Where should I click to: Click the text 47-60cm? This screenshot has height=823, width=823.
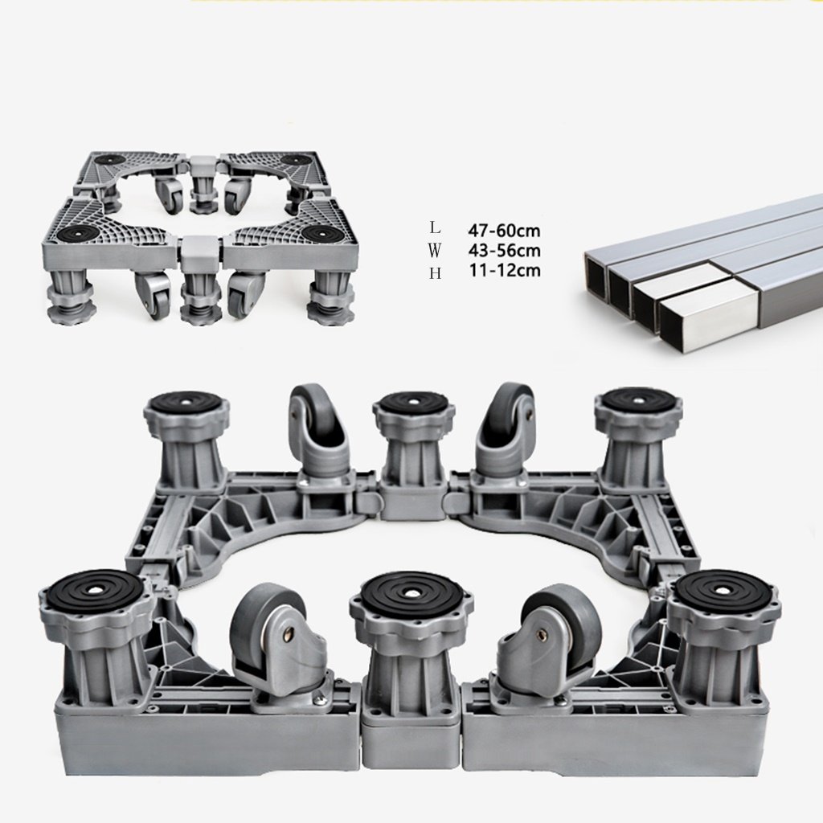(504, 230)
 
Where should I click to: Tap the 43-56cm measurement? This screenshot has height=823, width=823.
(504, 251)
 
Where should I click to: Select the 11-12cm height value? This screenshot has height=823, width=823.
(504, 270)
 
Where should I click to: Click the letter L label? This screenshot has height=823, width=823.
(434, 227)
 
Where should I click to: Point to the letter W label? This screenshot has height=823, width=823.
(434, 251)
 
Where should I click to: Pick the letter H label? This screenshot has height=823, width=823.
(435, 273)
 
